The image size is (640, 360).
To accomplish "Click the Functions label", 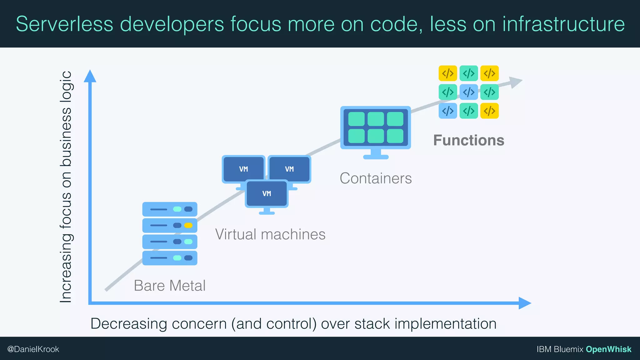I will coord(468,140).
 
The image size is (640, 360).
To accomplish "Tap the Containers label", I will coord(376,178).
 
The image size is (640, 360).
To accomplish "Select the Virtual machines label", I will coord(270,234).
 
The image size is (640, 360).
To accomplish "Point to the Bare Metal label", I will coord(170,286).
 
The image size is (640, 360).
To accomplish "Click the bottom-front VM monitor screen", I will coord(267,193).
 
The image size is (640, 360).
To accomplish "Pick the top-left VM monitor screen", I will coord(243,169).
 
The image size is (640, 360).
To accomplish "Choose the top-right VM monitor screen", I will coord(289,169).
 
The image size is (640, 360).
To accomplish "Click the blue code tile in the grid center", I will coord(468,92).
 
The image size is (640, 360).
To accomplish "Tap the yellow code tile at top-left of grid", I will coord(448,73).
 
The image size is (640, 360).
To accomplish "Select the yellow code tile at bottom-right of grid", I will coord(489,111).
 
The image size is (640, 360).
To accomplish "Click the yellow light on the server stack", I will coord(188,225).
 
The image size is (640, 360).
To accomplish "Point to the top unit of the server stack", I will coord(170,209).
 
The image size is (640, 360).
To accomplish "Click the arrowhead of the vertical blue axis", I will coord(90,76).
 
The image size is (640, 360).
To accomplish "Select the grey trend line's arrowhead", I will coord(516,82).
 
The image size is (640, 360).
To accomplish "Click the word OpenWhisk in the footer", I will coord(608,349).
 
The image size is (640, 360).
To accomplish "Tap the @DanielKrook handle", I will coord(33,349).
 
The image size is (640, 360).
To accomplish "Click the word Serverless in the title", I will coord(64,24).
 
